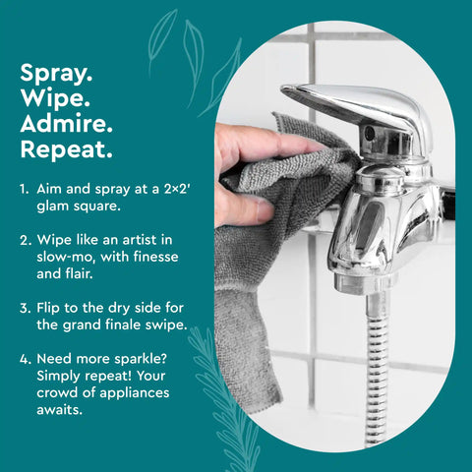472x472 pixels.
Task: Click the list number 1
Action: tap(25, 188)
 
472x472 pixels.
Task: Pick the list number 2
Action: tap(25, 239)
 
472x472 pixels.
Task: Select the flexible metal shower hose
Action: tap(375, 374)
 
